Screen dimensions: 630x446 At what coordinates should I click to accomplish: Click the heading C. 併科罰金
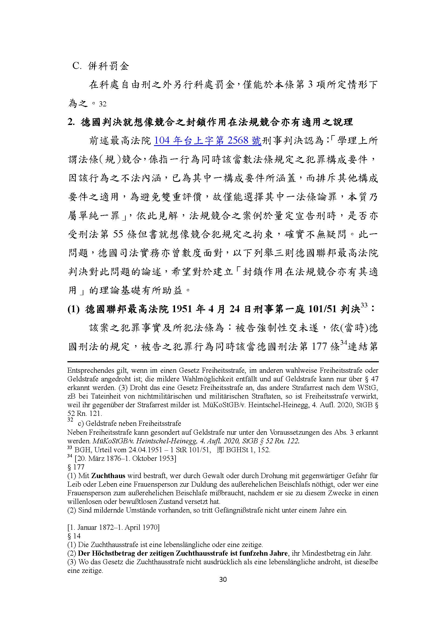101,66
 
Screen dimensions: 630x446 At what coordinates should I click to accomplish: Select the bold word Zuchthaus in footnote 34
108,475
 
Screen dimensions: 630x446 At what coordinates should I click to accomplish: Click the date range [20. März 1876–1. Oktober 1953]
122,458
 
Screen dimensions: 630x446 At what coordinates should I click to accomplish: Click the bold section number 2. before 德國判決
71,122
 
